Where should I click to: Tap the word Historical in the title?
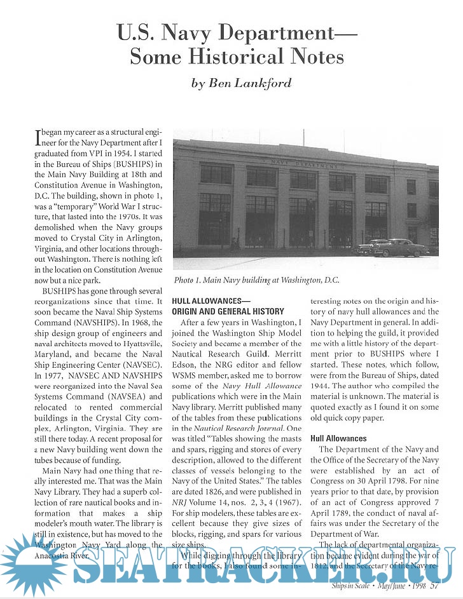(240, 57)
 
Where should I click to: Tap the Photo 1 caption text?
(256, 279)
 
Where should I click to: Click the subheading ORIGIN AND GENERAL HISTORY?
(228, 311)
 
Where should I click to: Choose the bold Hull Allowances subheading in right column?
(338, 438)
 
